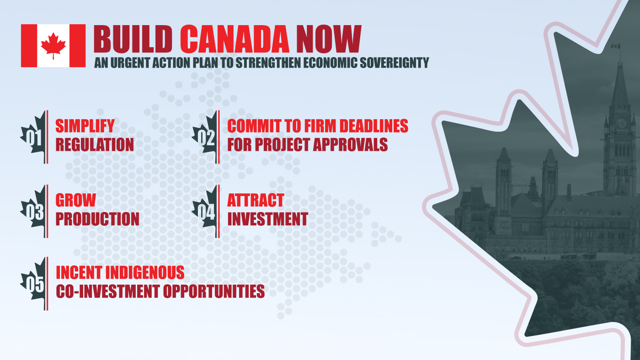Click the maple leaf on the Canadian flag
click(53, 45)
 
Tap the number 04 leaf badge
click(207, 212)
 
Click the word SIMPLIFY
click(85, 126)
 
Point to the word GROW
click(75, 200)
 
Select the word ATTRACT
click(256, 200)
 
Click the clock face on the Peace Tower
click(622, 123)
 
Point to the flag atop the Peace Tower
click(616, 46)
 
